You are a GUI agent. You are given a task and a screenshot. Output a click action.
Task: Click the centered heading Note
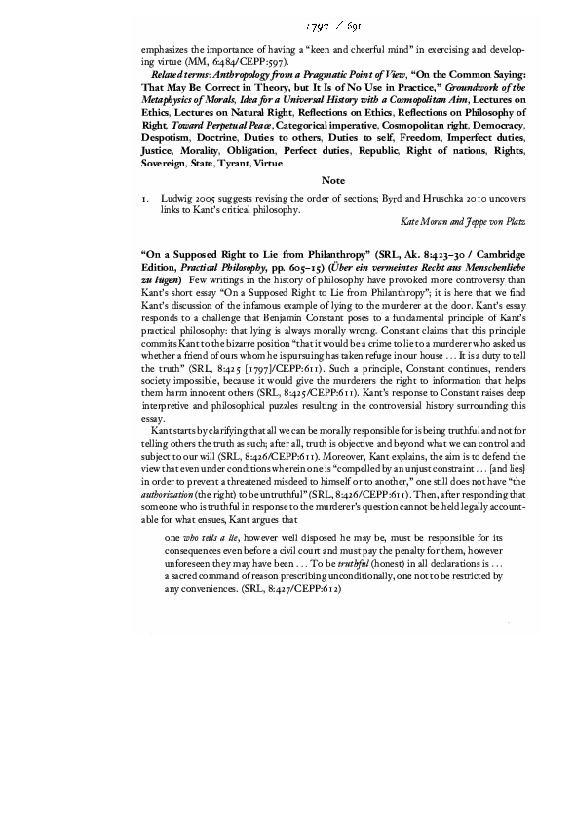(x=333, y=180)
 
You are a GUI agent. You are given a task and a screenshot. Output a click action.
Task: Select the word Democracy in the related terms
(x=495, y=127)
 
